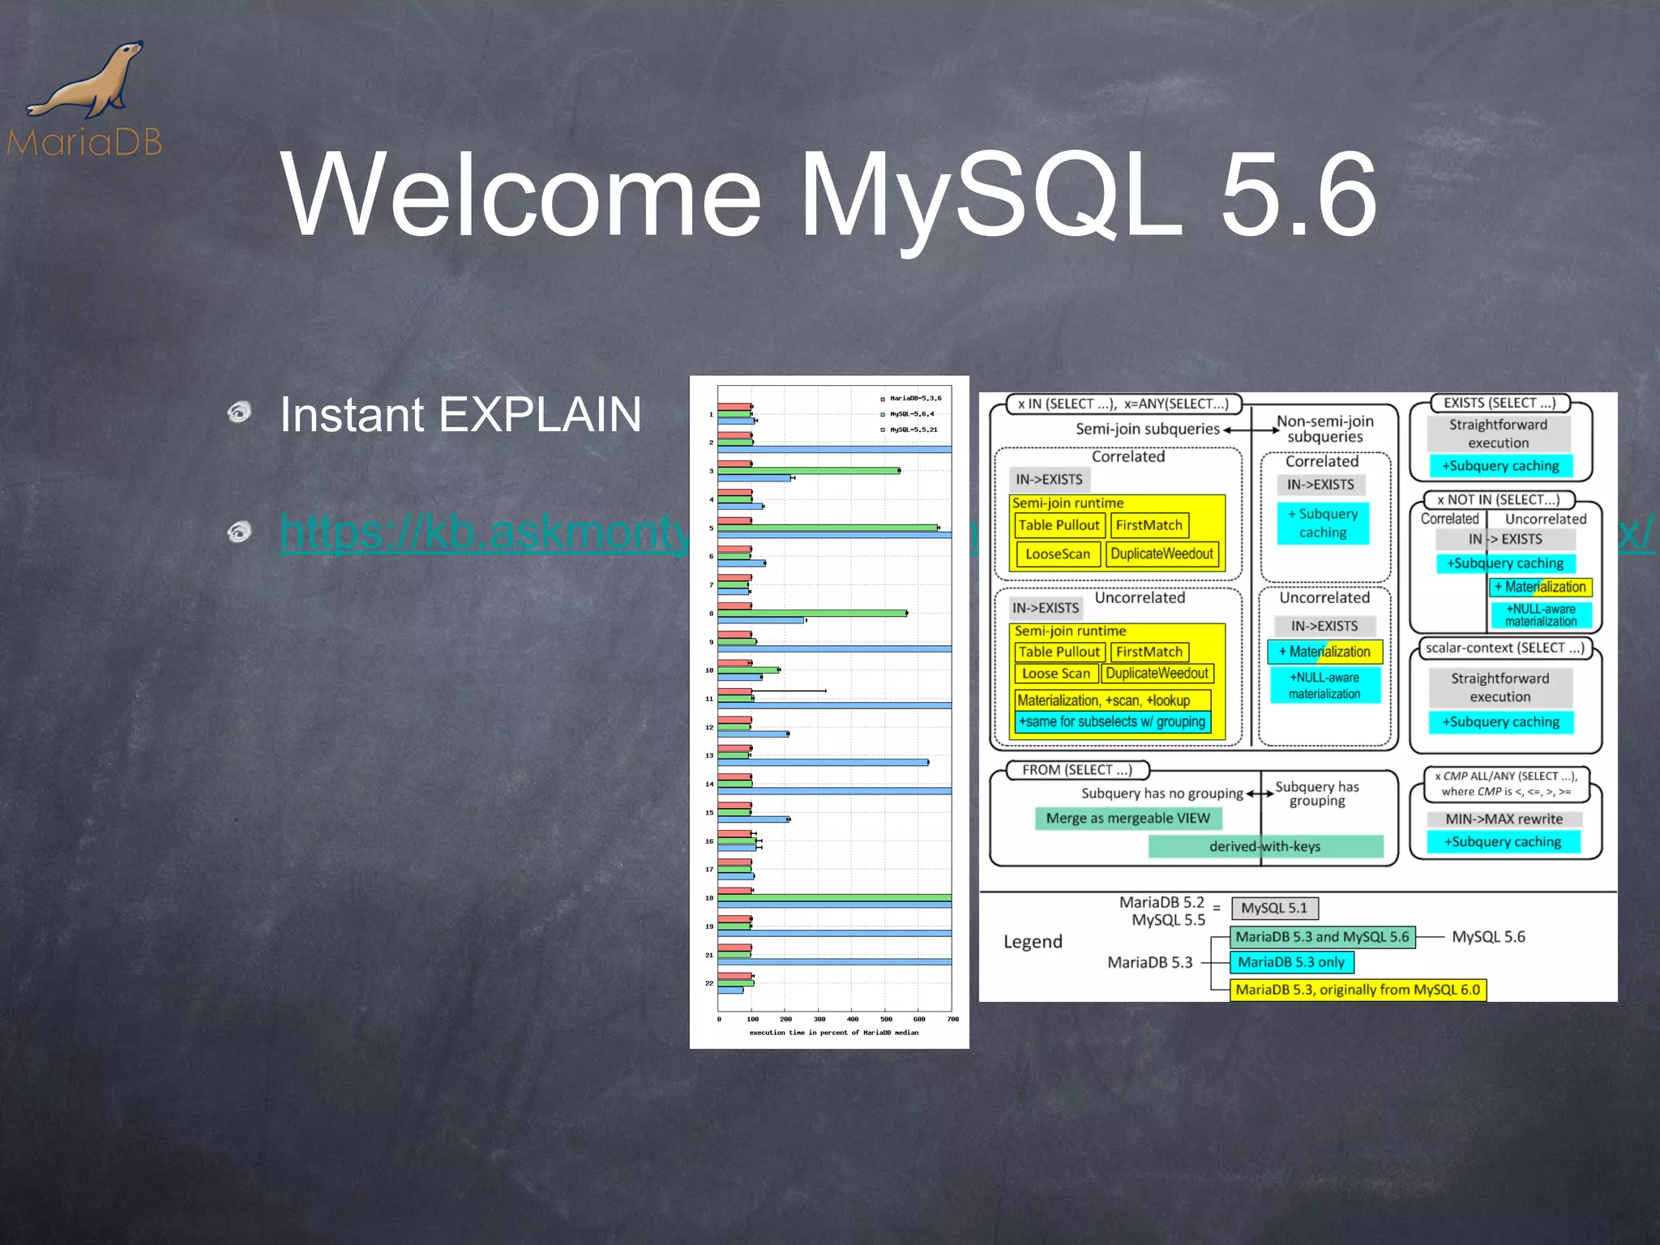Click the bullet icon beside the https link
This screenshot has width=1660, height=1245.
pyautogui.click(x=239, y=533)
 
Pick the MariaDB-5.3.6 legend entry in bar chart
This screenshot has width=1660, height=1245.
pyautogui.click(x=912, y=399)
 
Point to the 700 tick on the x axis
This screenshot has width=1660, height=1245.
pyautogui.click(x=952, y=1019)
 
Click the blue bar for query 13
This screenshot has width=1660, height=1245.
pyautogui.click(x=823, y=763)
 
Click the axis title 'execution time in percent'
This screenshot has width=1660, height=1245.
pyautogui.click(x=833, y=1033)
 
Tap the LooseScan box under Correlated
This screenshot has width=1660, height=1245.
pyautogui.click(x=1058, y=554)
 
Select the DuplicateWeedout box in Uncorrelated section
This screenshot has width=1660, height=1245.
pyautogui.click(x=1157, y=674)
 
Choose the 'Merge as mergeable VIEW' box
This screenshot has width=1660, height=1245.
pyautogui.click(x=1127, y=819)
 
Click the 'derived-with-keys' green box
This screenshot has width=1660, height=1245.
pyautogui.click(x=1264, y=847)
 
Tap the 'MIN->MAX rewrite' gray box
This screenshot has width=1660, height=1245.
pyautogui.click(x=1504, y=819)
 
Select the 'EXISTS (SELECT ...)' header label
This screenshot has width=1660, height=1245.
pyautogui.click(x=1500, y=403)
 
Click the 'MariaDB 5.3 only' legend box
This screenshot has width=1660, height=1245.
pyautogui.click(x=1291, y=963)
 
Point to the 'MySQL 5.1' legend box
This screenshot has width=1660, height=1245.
pyautogui.click(x=1274, y=909)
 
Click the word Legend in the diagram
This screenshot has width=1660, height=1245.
pyautogui.click(x=1033, y=942)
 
